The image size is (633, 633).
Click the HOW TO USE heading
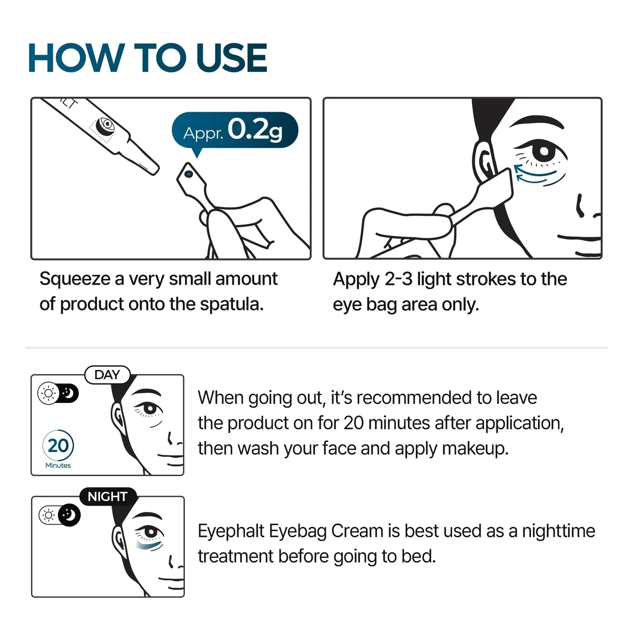147,58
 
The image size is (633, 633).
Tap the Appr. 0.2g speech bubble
234,130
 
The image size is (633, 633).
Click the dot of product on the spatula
189,174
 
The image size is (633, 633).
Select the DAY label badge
107,375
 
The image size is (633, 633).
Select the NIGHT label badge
107,496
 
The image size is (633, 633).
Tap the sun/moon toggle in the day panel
58,393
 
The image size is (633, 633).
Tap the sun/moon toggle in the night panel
60,515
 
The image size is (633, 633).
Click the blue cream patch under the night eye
149,545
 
